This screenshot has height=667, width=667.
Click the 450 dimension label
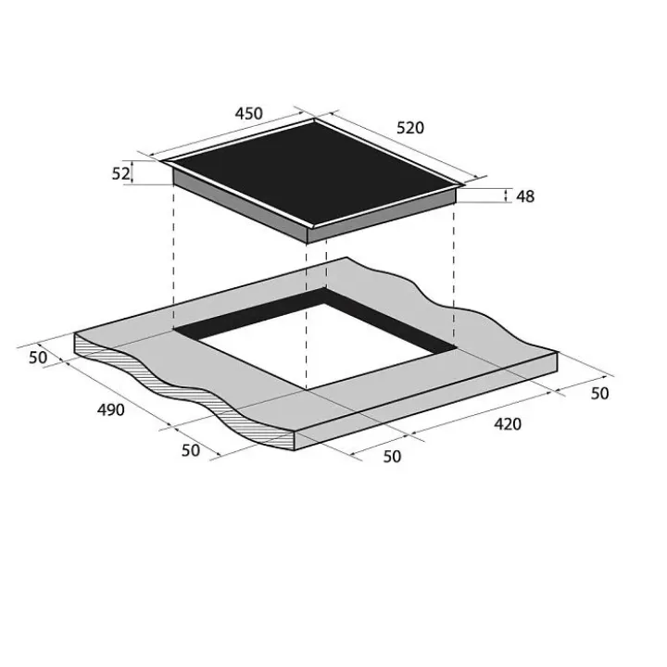pyautogui.click(x=249, y=114)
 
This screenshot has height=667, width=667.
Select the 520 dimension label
pyautogui.click(x=410, y=128)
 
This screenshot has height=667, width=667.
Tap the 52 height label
pyautogui.click(x=120, y=173)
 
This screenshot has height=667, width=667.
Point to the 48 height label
pyautogui.click(x=525, y=196)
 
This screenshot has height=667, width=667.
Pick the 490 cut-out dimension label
pyautogui.click(x=111, y=410)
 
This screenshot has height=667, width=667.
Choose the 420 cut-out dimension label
pyautogui.click(x=508, y=424)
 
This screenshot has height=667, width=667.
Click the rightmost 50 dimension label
pyautogui.click(x=599, y=394)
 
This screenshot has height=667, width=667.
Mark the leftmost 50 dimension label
pyautogui.click(x=38, y=358)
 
